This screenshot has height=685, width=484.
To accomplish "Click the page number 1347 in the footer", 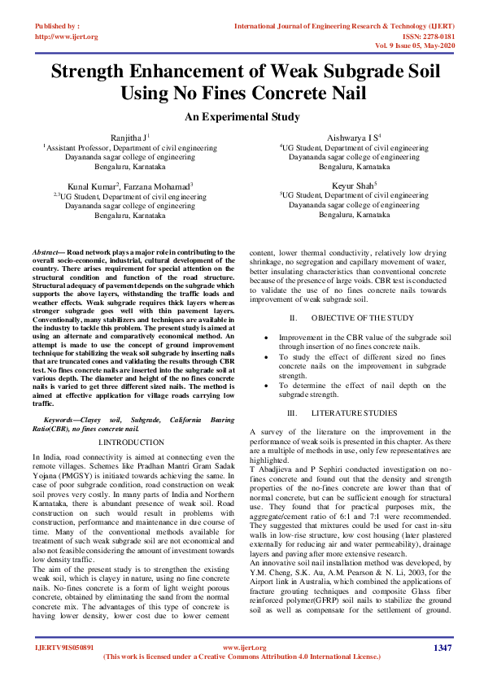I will click(x=443, y=648).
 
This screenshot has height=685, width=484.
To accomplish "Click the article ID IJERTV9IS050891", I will click(x=64, y=648).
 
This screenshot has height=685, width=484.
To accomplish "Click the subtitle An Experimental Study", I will click(x=242, y=117).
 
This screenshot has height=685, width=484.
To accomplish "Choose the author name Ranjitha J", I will click(x=129, y=139).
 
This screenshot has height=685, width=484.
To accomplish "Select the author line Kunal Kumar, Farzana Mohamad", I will click(x=129, y=186).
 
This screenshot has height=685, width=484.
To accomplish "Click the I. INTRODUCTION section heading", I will click(x=129, y=442).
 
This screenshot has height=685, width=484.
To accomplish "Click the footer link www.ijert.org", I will click(x=242, y=648).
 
